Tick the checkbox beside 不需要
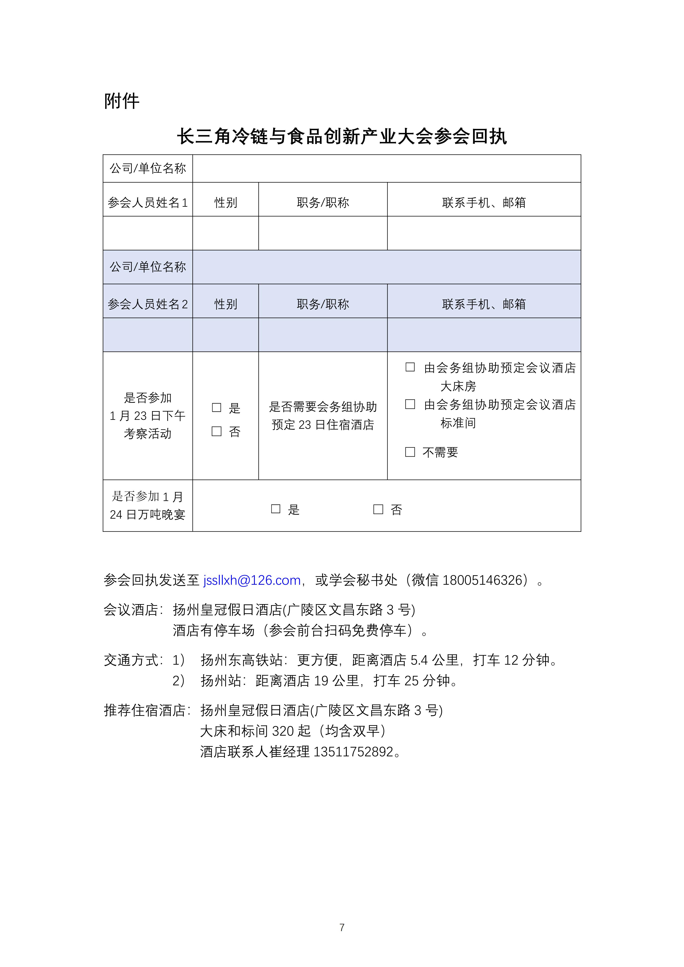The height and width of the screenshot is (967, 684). [410, 452]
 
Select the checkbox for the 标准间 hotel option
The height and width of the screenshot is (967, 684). [410, 404]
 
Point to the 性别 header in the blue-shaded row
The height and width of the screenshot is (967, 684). [226, 304]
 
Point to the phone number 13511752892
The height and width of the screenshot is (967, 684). [353, 751]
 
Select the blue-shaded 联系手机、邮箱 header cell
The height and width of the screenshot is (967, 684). [484, 304]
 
